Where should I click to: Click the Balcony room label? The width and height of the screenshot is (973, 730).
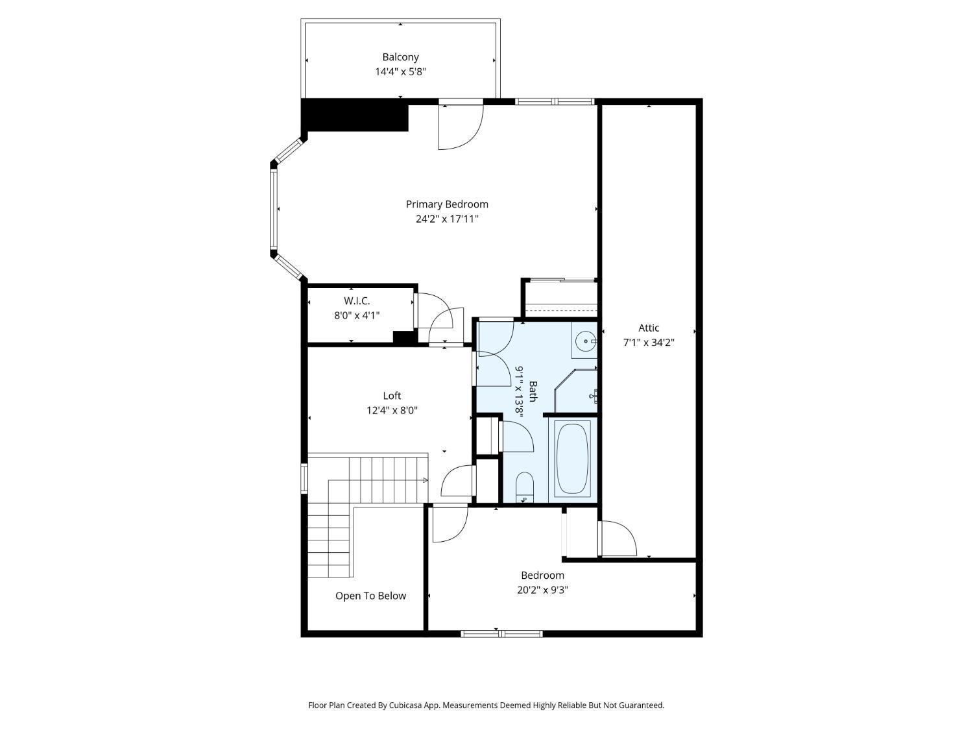coord(400,57)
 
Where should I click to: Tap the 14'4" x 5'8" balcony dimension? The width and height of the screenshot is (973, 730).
coord(400,71)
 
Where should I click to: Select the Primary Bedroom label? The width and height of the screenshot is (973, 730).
coord(447,204)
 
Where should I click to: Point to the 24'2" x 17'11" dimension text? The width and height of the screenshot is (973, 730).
coord(447,219)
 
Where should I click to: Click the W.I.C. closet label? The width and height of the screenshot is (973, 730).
coord(357,301)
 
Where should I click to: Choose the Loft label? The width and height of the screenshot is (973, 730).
coord(392,396)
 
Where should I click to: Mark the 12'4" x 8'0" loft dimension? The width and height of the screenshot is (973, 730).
coord(392,410)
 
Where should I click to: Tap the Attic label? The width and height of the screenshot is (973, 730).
coord(649,328)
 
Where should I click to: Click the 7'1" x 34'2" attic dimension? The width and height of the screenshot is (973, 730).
coord(649,343)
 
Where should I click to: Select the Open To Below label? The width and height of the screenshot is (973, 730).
coord(370,596)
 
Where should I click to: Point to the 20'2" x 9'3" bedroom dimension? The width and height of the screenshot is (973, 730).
coord(542,590)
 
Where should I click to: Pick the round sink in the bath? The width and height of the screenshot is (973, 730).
coord(586,339)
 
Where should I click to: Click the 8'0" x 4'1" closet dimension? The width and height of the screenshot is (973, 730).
coord(357,315)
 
